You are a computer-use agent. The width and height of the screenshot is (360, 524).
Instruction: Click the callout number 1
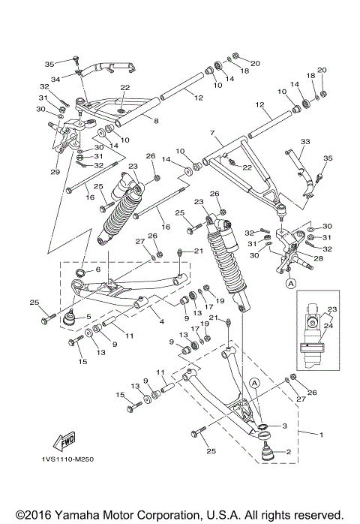(322, 435)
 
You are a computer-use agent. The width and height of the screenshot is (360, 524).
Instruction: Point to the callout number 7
(213, 132)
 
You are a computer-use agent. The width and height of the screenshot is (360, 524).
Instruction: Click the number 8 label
(155, 120)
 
